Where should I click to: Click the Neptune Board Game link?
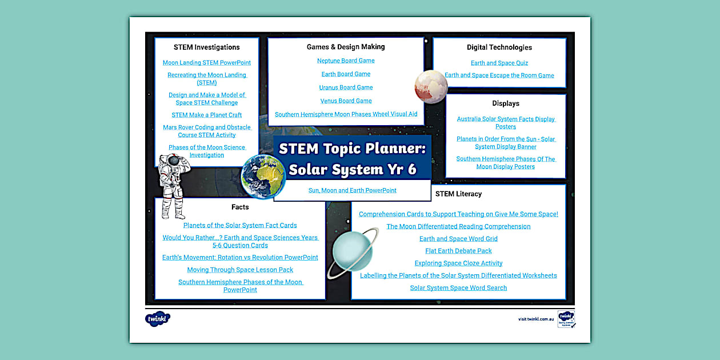(346, 61)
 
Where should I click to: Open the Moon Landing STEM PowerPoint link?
(207, 63)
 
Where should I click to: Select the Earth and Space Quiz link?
(499, 63)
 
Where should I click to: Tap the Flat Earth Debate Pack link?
(458, 251)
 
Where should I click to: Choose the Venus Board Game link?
(346, 101)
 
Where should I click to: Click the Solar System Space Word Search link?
(458, 288)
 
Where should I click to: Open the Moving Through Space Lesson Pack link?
(240, 270)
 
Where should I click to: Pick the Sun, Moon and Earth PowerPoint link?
(352, 190)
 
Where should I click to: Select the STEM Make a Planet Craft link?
(207, 115)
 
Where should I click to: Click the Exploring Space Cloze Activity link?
(458, 263)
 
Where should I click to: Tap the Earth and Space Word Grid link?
(458, 239)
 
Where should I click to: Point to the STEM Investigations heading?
(207, 47)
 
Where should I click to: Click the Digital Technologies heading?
(499, 47)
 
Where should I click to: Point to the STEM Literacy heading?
(458, 194)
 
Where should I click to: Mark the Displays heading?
(506, 103)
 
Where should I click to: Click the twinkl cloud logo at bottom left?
(158, 319)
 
